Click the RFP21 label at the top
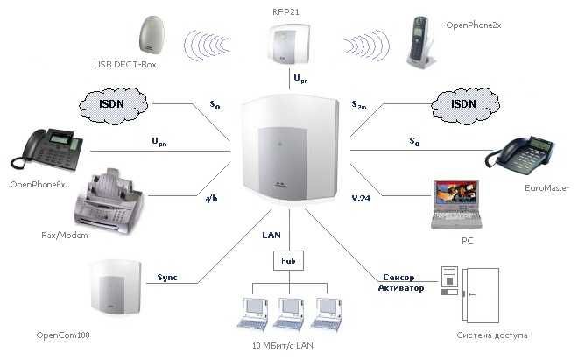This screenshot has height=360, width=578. tap(287, 11)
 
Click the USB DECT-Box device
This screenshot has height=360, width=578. tap(155, 36)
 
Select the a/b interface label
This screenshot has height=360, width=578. tap(211, 199)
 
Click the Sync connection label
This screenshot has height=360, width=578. tap(166, 278)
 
